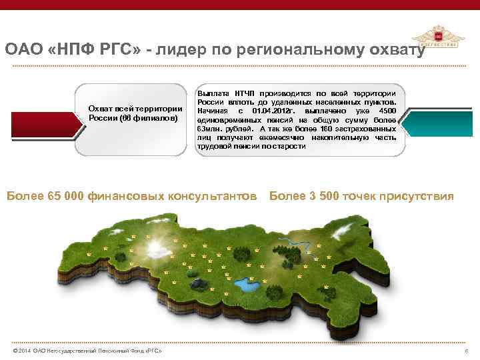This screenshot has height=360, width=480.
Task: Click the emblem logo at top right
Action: (438, 39)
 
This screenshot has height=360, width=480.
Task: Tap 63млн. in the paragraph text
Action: (209, 127)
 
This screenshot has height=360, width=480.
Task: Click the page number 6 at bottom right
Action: (465, 351)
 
